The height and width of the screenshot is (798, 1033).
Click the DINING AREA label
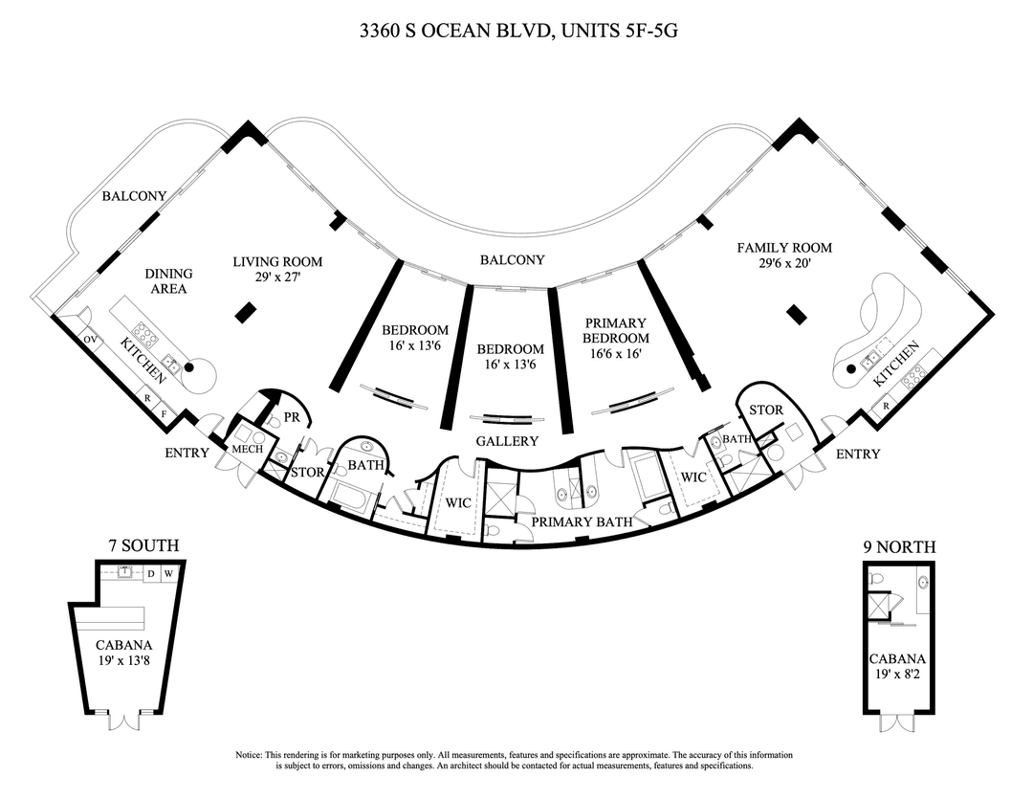pyautogui.click(x=168, y=281)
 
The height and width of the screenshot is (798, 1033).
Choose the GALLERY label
pyautogui.click(x=507, y=441)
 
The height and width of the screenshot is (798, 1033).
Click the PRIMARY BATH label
pyautogui.click(x=582, y=521)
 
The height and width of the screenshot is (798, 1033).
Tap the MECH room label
pyautogui.click(x=240, y=447)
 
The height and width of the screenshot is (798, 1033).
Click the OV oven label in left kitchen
pyautogui.click(x=90, y=339)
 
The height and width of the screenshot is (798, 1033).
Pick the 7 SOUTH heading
pyautogui.click(x=143, y=546)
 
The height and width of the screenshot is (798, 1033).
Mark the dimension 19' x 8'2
pyautogui.click(x=897, y=673)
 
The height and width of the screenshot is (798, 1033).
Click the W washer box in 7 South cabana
pyautogui.click(x=168, y=573)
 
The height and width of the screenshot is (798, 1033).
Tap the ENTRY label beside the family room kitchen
pyautogui.click(x=858, y=454)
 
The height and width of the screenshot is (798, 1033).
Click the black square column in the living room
pyautogui.click(x=245, y=311)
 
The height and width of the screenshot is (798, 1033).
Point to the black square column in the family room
pyautogui.click(x=793, y=312)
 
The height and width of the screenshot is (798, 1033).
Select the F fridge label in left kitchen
pyautogui.click(x=164, y=414)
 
